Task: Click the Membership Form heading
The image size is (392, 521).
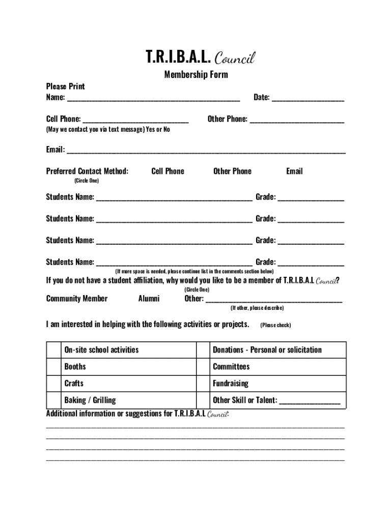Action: click(x=196, y=75)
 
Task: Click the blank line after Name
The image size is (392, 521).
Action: click(x=153, y=98)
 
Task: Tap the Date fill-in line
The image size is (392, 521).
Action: click(x=307, y=98)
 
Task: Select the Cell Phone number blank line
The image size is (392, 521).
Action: click(x=135, y=120)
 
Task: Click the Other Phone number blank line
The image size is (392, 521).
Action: click(x=297, y=120)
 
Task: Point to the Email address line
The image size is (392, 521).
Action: click(x=206, y=151)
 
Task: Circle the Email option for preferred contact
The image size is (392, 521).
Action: click(x=294, y=171)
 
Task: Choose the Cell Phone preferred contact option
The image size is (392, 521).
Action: click(x=167, y=171)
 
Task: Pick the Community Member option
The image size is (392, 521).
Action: click(x=77, y=299)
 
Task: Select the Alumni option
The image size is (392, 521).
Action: click(x=149, y=299)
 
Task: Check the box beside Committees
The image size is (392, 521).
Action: click(x=203, y=367)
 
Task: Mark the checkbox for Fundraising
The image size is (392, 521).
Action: click(x=203, y=384)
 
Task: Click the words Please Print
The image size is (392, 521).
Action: click(x=66, y=86)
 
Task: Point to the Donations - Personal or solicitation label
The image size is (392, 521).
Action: click(x=267, y=350)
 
